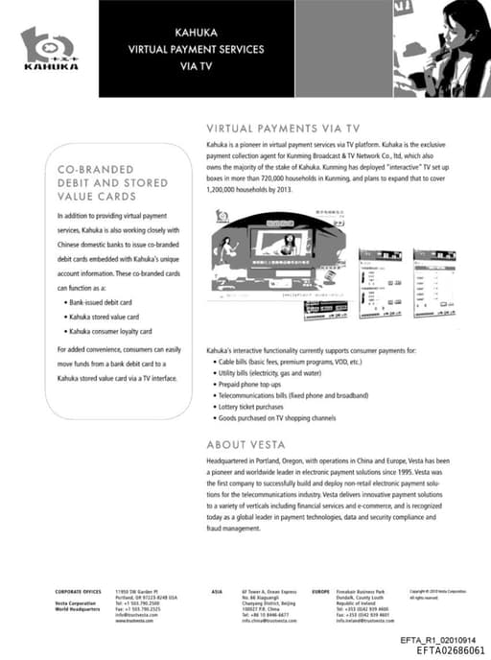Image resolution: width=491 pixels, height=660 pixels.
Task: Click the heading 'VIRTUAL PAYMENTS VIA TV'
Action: (283, 128)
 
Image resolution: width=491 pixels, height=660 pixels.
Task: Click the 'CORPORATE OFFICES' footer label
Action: (78, 592)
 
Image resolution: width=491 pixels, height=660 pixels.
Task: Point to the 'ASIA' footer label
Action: (218, 592)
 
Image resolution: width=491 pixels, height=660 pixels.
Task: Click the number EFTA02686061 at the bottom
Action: (451, 649)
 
